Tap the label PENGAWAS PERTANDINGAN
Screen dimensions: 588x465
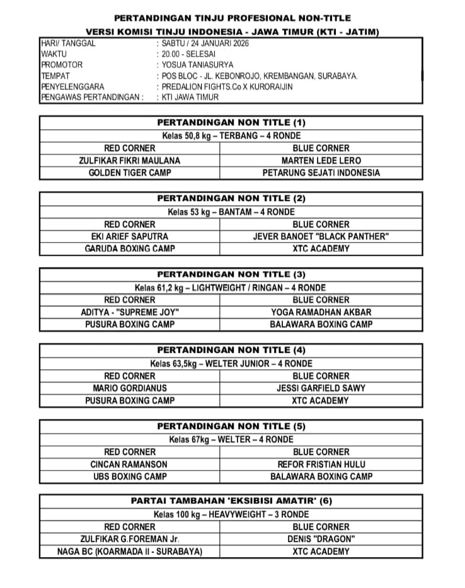click(90, 97)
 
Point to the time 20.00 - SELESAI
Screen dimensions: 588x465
click(191, 54)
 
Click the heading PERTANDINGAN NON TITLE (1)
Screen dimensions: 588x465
click(231, 122)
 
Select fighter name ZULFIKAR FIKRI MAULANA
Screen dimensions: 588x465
click(130, 160)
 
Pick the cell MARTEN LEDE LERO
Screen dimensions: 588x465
click(321, 160)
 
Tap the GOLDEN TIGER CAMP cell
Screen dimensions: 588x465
click(130, 172)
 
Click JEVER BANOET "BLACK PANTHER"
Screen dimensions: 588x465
click(321, 236)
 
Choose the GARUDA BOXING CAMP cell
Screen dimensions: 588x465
click(130, 248)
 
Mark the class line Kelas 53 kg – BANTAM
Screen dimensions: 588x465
click(231, 212)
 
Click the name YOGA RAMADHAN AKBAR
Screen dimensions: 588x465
click(321, 312)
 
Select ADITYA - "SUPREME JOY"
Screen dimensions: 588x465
click(130, 312)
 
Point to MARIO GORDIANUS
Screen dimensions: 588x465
click(130, 388)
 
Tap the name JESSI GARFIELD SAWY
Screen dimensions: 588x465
click(321, 388)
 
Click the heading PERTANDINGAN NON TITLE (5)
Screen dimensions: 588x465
click(231, 426)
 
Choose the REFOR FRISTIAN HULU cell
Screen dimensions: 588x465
click(321, 464)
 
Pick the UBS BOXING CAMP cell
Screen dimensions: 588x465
click(130, 476)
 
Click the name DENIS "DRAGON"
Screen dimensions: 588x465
click(321, 539)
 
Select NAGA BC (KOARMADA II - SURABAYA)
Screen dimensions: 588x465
click(130, 551)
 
